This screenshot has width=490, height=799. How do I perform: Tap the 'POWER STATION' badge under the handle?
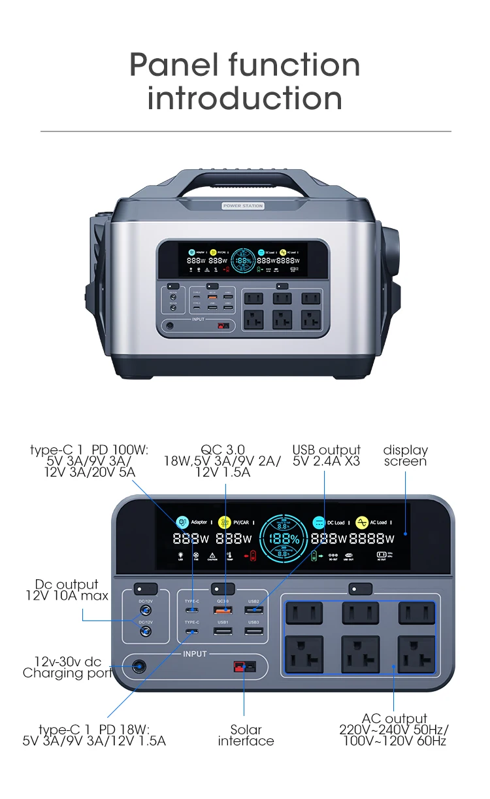pyautogui.click(x=243, y=206)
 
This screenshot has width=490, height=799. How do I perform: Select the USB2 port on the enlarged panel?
pyautogui.click(x=254, y=610)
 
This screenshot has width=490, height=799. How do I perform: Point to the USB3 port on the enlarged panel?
pyautogui.click(x=254, y=631)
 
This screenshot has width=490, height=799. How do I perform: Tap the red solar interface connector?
pyautogui.click(x=243, y=668)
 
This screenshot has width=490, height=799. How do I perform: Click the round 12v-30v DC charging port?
pyautogui.click(x=139, y=668)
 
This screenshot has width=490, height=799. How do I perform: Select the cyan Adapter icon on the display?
pyautogui.click(x=182, y=522)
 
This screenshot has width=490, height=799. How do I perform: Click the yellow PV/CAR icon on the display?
pyautogui.click(x=225, y=522)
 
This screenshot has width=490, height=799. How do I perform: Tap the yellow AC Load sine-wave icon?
pyautogui.click(x=361, y=522)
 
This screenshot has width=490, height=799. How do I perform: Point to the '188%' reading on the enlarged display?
pyautogui.click(x=286, y=539)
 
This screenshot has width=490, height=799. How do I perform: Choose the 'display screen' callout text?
pyautogui.click(x=405, y=455)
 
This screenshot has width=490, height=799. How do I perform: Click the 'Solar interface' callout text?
pyautogui.click(x=246, y=735)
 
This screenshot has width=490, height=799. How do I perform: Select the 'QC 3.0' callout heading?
pyautogui.click(x=222, y=449)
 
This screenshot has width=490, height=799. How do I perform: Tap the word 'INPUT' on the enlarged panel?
pyautogui.click(x=195, y=654)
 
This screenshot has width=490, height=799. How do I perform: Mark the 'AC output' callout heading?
pyautogui.click(x=394, y=719)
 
